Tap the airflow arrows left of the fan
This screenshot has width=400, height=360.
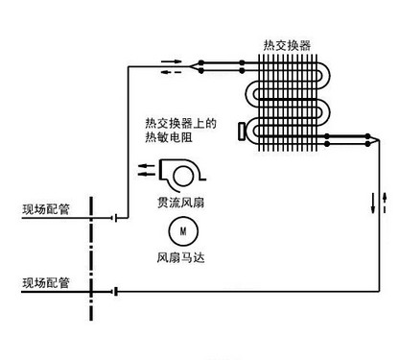149,172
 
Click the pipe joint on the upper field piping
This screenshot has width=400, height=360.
114,216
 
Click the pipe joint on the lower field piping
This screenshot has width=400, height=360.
114,290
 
